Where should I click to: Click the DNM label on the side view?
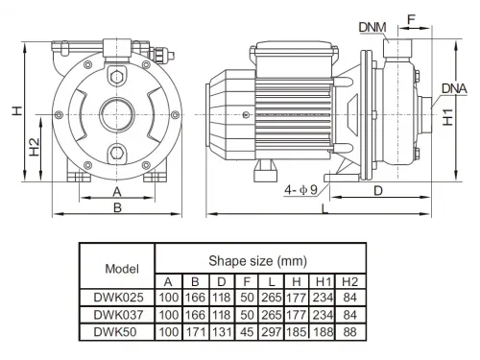[372, 27]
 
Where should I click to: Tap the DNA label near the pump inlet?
[454, 88]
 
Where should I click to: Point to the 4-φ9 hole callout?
[300, 190]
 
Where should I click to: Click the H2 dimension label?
[35, 147]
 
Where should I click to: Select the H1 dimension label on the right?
[447, 117]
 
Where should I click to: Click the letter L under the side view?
[324, 209]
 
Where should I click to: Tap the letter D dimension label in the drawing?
[378, 191]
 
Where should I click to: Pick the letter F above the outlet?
[411, 20]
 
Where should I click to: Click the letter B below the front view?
[117, 207]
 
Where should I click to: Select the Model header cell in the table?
[122, 269]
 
